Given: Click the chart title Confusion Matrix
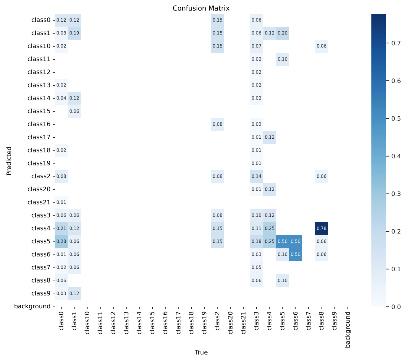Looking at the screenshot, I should point(201,8).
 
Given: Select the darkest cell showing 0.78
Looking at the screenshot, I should point(321,228).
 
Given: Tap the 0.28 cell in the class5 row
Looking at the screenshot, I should point(61,241).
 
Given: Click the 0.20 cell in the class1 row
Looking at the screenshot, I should point(283,33).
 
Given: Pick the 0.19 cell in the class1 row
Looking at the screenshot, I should point(74,33).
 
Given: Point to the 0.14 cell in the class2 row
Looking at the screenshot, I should point(256,176).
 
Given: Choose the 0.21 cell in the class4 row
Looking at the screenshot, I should point(61,228).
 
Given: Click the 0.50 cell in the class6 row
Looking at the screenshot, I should point(296,254).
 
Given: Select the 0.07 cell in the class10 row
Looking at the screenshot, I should point(256,46).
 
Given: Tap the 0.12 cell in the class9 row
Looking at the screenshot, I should point(74,293).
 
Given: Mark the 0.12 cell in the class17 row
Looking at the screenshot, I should point(269,137).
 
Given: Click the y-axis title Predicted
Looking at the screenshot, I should point(9,161).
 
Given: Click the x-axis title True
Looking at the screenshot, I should point(201,352).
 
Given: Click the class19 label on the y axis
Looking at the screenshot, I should point(39,163).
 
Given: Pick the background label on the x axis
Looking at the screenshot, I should point(348,330).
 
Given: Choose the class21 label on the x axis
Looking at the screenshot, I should point(244,323).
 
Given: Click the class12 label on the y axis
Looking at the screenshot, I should point(39,72).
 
